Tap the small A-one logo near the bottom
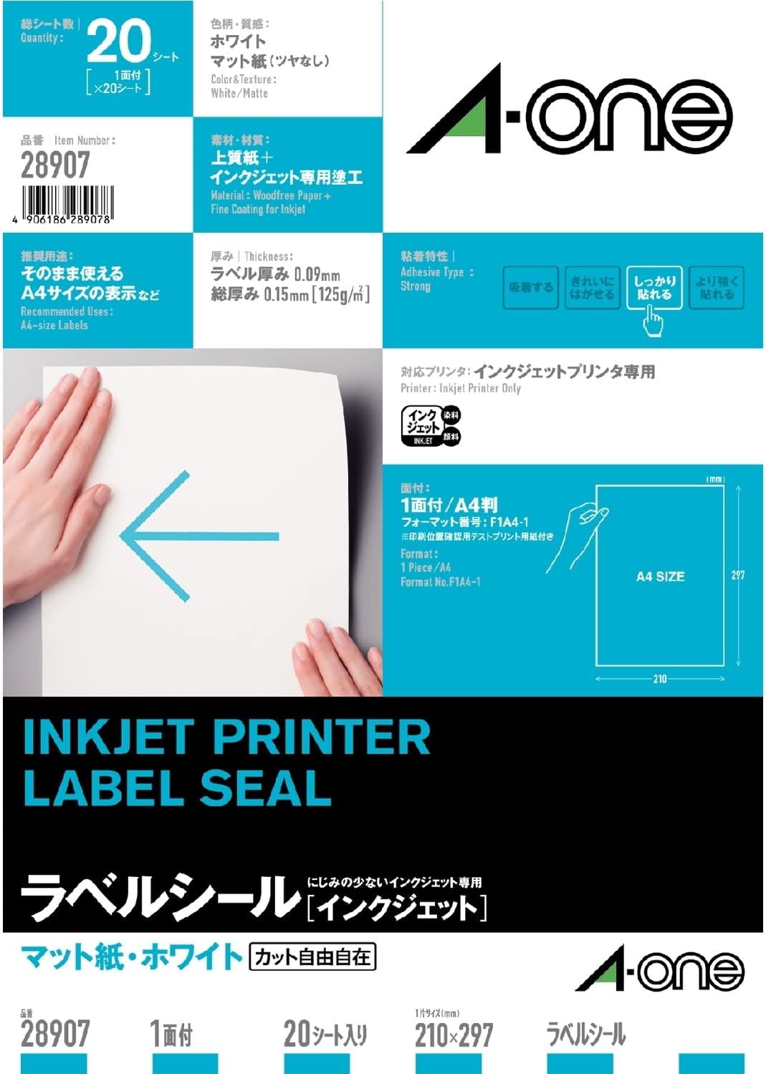[x=660, y=972]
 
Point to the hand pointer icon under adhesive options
[x=653, y=320]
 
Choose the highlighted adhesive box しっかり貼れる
[x=654, y=288]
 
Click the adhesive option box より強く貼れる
[x=716, y=288]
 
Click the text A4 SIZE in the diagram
[x=660, y=576]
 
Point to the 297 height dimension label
[x=738, y=575]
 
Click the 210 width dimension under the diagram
[x=660, y=678]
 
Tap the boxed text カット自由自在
[x=312, y=957]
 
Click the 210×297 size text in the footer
[x=454, y=1035]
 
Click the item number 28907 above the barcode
[x=55, y=165]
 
